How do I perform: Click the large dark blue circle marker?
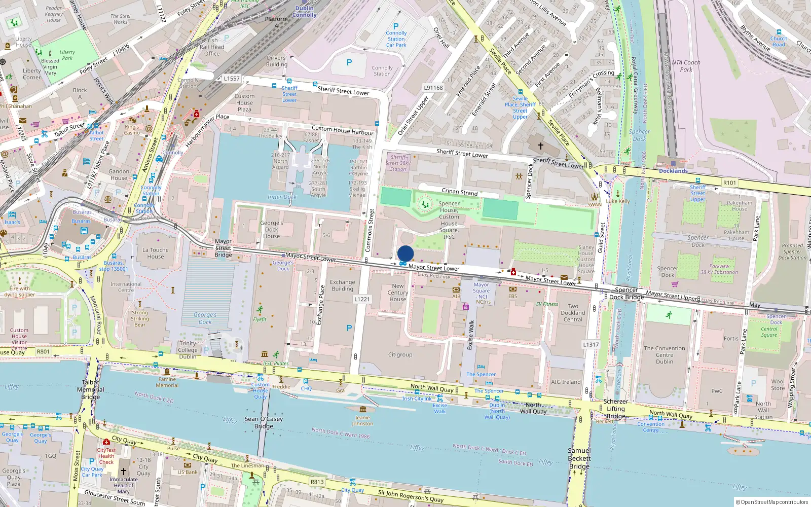[405, 253]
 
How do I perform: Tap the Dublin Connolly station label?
[304, 12]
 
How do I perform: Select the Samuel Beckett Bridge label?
[579, 458]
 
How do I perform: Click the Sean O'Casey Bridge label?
[264, 422]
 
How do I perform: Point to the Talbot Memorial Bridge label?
[91, 389]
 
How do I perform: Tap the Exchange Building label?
[343, 285]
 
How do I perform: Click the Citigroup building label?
[400, 355]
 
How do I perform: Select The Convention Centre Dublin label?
[665, 355]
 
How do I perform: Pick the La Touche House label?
[156, 253]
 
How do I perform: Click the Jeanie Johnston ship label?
[362, 420]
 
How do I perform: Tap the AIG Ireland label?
[566, 382]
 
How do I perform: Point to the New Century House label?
[398, 293]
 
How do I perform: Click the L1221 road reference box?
[362, 299]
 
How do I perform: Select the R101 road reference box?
[729, 183]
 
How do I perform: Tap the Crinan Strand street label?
[460, 192]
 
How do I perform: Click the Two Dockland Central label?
[573, 313]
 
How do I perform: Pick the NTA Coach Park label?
[686, 66]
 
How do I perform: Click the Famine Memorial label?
[167, 382]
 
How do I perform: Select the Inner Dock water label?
[282, 197]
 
